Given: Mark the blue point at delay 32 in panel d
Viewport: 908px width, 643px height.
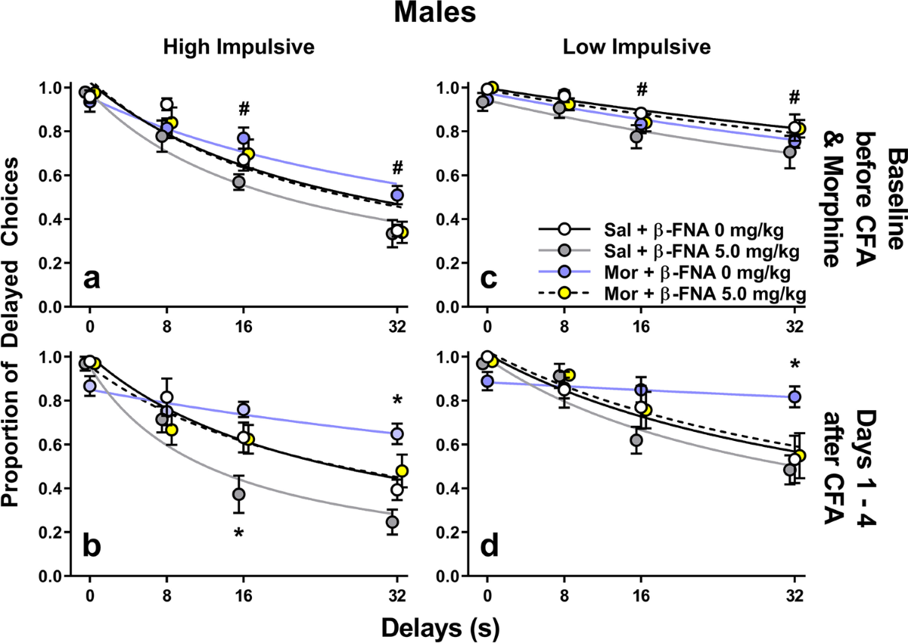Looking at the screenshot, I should coord(794,396).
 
